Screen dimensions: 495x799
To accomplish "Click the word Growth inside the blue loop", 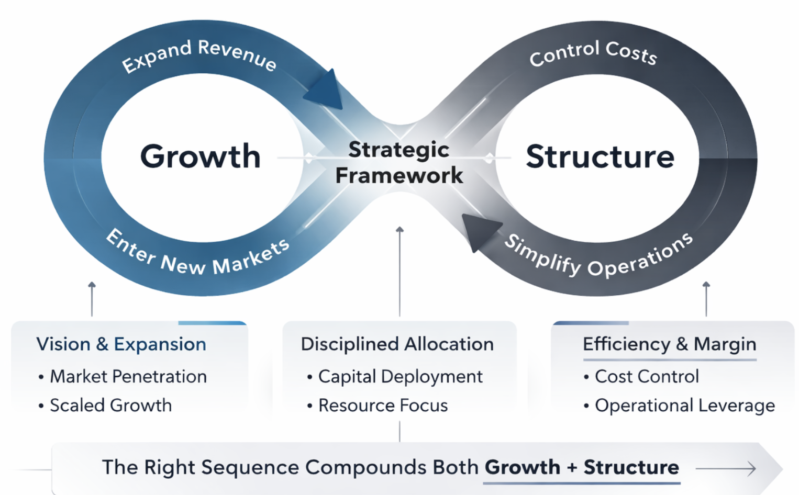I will (201, 156).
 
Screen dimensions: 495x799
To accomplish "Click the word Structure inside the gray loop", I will (600, 156).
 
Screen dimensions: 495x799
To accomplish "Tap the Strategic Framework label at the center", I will (399, 163).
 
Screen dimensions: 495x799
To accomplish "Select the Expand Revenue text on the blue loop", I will (199, 55).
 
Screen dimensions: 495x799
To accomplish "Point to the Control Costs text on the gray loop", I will (593, 53).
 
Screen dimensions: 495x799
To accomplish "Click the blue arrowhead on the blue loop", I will (326, 91).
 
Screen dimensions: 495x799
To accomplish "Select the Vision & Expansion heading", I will (121, 344).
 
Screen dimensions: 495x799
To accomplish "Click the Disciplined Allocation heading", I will (397, 344).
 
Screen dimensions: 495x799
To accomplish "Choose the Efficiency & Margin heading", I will (669, 344).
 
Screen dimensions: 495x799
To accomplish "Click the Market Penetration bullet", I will (128, 377).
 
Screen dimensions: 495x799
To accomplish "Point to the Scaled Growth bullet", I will (110, 406).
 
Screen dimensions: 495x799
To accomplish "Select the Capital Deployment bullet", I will (400, 377).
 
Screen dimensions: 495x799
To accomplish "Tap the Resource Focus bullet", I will (383, 406).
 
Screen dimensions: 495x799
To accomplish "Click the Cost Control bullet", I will (647, 377).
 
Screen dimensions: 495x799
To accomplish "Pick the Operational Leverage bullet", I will (684, 406).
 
